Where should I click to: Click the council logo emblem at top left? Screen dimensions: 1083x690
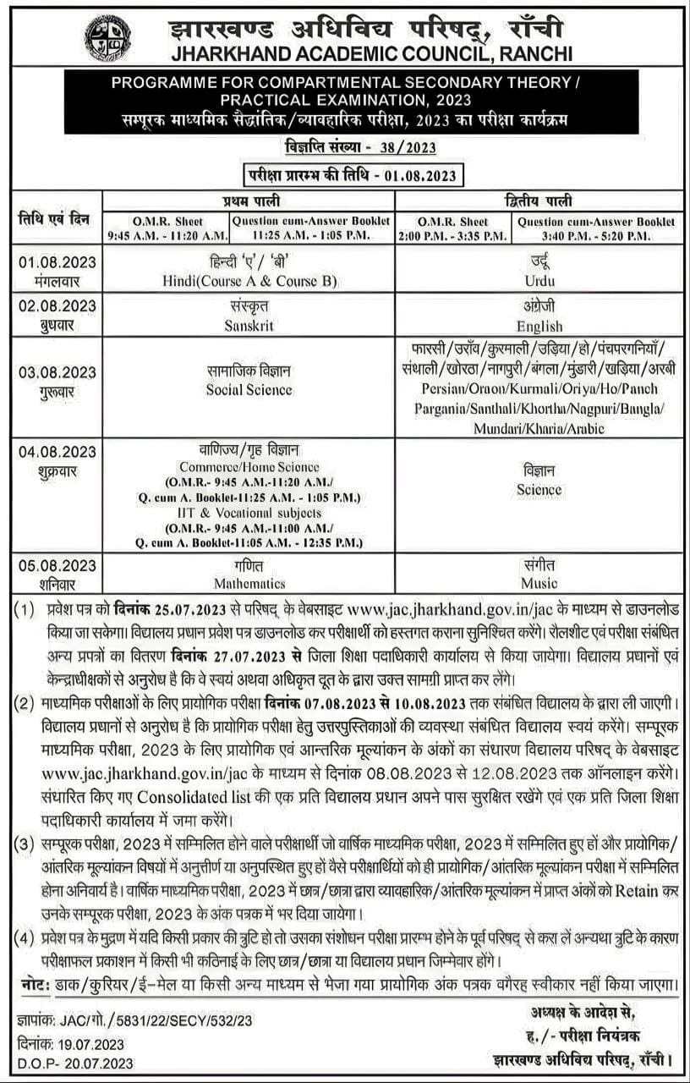(107, 38)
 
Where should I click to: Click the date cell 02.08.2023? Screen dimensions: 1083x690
(57, 305)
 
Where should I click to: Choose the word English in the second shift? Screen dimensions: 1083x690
(539, 326)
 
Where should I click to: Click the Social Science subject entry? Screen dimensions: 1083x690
(249, 390)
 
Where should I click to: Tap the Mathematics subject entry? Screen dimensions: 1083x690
(249, 583)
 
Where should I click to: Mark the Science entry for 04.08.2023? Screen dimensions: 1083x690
(539, 489)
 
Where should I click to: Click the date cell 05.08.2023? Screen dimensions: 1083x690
(57, 565)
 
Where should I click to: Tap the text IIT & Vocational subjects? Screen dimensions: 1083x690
(249, 513)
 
